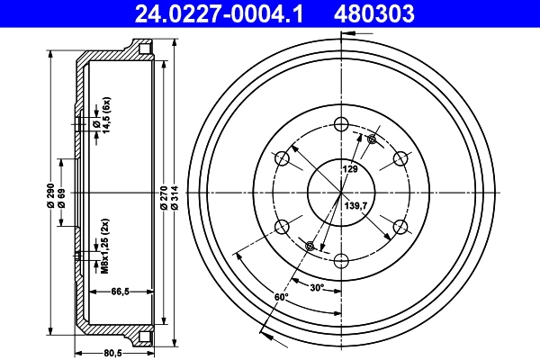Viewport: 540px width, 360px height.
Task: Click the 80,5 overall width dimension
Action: [112, 352]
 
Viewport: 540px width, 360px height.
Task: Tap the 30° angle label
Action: [317, 288]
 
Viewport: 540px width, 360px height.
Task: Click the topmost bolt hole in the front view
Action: [340, 125]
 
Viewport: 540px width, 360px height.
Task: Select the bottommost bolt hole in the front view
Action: [340, 261]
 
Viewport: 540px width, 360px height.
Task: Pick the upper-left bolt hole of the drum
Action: [282, 159]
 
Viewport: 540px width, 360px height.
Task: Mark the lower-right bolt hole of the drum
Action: [399, 227]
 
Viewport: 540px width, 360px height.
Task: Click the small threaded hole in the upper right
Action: [372, 139]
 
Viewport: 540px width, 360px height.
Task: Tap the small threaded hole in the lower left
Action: [310, 247]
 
